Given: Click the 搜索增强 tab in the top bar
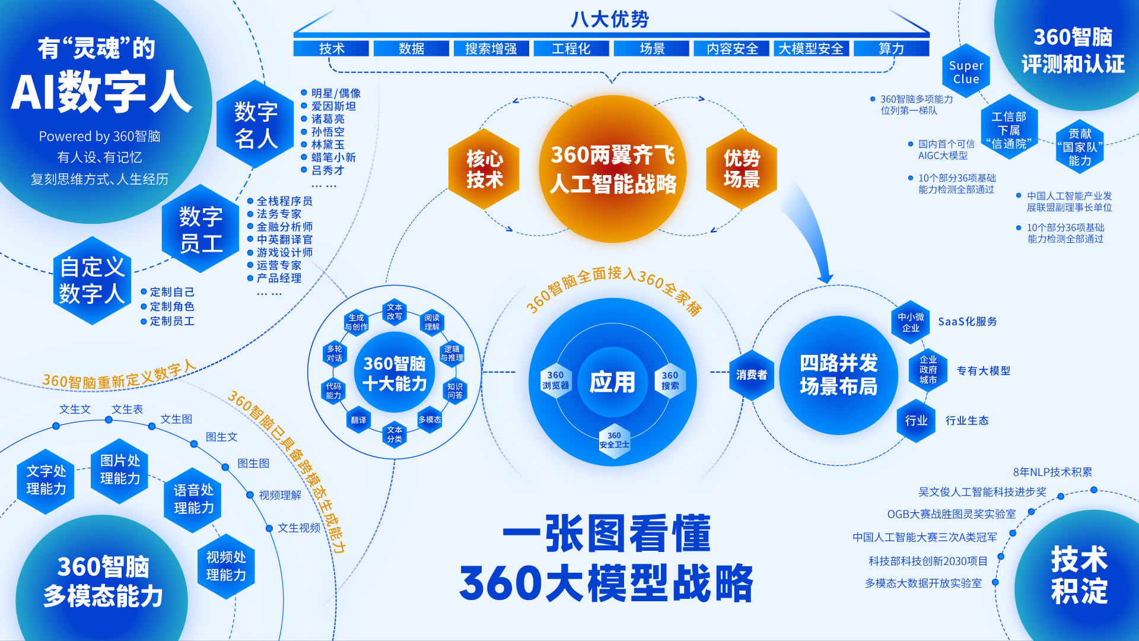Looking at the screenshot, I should pos(491,49).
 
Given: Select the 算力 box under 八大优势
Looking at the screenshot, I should pos(891,49).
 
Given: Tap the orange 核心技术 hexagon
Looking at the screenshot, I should pos(484,169).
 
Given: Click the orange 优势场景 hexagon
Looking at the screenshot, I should pos(742,169).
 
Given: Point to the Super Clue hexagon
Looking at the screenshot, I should pos(966,72).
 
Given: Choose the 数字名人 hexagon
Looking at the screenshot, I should pos(256,125).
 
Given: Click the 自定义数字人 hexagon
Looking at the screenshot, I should pos(92,280).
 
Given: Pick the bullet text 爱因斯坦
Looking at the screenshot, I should pos(333,106).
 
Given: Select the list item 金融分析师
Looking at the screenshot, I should pos(284,227).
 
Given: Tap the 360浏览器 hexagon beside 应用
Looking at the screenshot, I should pos(555,380).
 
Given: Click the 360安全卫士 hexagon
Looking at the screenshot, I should pos(614,440).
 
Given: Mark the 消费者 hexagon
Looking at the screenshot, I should pos(751,375).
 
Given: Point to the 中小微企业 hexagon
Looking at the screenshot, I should pos(911,322).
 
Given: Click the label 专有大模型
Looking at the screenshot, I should pos(983,371).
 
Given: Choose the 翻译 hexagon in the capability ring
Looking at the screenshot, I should pos(358,420).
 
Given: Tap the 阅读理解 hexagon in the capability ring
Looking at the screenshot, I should pos(432,322).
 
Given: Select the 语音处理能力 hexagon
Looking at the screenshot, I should pos(193,499).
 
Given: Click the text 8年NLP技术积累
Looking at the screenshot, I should pos(1052,472).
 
